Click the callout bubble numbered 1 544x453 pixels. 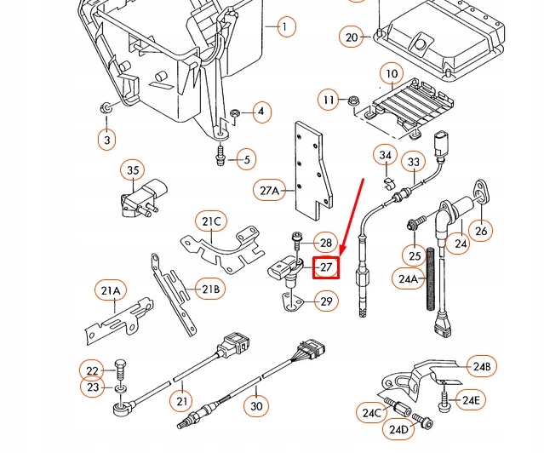[284, 27]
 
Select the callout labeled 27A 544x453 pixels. [270, 191]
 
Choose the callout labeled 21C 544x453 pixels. [211, 222]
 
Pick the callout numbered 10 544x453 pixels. [391, 75]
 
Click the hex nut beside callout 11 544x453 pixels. [352, 102]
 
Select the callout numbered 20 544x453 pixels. [352, 37]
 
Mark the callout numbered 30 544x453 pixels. [257, 407]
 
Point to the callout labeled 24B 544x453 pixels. [483, 367]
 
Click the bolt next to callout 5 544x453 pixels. [220, 157]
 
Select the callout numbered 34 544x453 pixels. [386, 156]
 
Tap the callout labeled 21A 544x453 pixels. [111, 292]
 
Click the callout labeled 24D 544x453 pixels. [398, 430]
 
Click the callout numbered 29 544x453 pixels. [326, 301]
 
